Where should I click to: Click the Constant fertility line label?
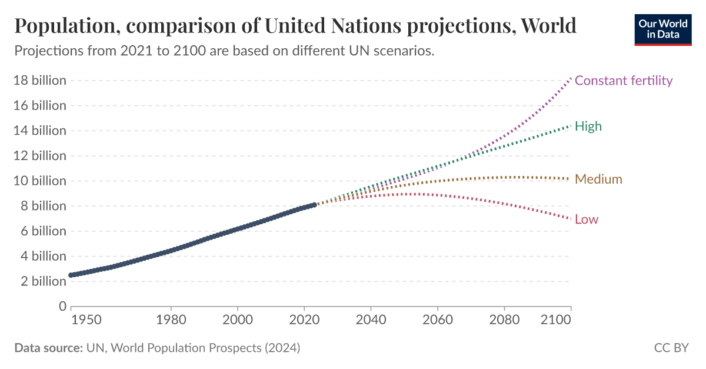pos(623,81)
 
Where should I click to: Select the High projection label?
pos(588,126)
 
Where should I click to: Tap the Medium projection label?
pos(598,179)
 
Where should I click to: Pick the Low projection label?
pos(586,220)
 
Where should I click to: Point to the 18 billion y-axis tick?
pos(39,81)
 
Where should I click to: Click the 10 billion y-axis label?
pos(39,181)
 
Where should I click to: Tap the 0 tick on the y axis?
pos(62,306)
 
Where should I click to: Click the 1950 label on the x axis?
pos(85,321)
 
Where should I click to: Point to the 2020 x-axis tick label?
pos(304,321)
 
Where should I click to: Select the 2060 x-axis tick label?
pos(437,321)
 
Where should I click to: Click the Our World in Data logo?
pos(662,29)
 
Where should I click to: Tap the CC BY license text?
pos(671,348)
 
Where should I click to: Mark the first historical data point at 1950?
pos(71,275)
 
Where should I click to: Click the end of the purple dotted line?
pos(570,78)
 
